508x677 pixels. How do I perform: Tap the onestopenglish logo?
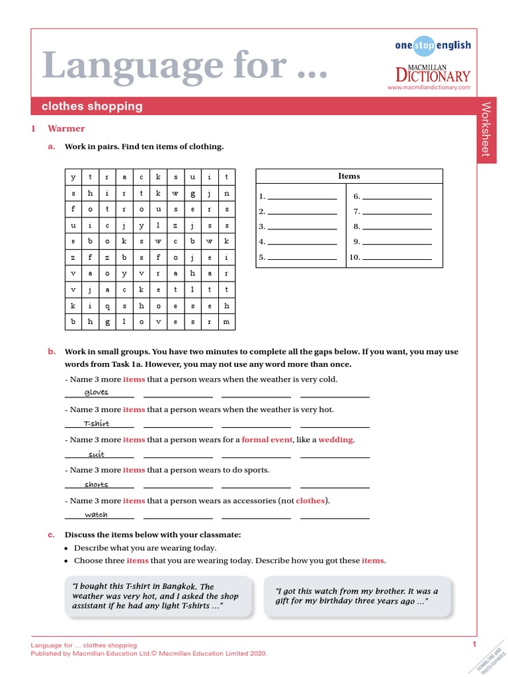[433, 45]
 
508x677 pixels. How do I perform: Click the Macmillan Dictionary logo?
[433, 73]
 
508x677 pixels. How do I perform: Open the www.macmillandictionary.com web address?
[429, 87]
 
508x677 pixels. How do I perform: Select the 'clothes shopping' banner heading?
[92, 106]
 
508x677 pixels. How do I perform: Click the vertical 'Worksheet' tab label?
[486, 130]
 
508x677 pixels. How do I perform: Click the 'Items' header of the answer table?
[349, 176]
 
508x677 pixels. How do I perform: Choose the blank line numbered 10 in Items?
[397, 258]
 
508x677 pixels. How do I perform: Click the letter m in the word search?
[226, 322]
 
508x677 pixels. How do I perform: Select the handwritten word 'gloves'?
[97, 393]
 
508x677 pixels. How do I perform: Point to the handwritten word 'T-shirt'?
[97, 423]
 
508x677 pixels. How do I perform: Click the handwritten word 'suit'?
[97, 454]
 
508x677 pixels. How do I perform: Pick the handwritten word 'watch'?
[97, 514]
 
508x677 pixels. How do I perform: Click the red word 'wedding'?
[336, 440]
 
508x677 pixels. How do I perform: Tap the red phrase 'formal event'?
[267, 440]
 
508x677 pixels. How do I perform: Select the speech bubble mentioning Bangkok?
[158, 596]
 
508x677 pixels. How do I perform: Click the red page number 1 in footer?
[474, 645]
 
